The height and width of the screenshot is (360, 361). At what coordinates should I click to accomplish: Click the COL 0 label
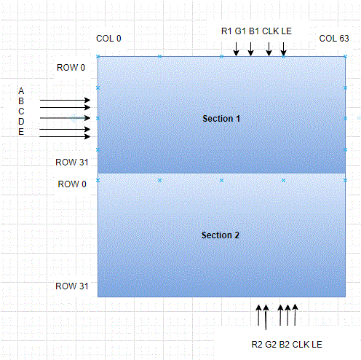108,39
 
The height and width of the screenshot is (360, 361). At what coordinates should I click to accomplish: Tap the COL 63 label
334,39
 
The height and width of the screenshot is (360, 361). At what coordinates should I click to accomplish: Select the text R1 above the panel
226,31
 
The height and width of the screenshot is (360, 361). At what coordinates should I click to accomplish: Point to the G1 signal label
240,31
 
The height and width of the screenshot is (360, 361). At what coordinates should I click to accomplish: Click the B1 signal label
254,31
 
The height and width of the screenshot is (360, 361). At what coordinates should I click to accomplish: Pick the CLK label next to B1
270,31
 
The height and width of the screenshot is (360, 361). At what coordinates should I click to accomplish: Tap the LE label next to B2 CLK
317,345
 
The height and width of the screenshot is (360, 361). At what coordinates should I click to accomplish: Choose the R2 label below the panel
257,345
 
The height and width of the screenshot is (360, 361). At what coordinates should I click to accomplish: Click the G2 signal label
271,345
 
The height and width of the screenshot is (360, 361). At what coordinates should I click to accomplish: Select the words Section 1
221,119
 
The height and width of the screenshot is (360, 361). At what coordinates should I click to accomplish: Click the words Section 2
221,235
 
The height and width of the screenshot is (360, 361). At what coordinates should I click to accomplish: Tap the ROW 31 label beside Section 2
72,286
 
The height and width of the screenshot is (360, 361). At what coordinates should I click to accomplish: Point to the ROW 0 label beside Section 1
71,68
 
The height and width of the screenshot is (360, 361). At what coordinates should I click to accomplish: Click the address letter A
21,91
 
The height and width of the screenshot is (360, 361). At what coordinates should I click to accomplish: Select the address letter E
21,132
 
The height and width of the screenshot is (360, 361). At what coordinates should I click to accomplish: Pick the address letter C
21,111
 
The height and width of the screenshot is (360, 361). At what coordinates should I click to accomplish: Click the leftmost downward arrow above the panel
236,49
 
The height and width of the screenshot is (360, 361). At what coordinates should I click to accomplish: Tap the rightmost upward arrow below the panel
295,315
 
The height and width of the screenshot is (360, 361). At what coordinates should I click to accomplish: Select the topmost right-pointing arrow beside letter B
65,100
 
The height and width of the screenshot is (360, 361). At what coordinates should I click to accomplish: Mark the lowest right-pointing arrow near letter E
65,136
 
